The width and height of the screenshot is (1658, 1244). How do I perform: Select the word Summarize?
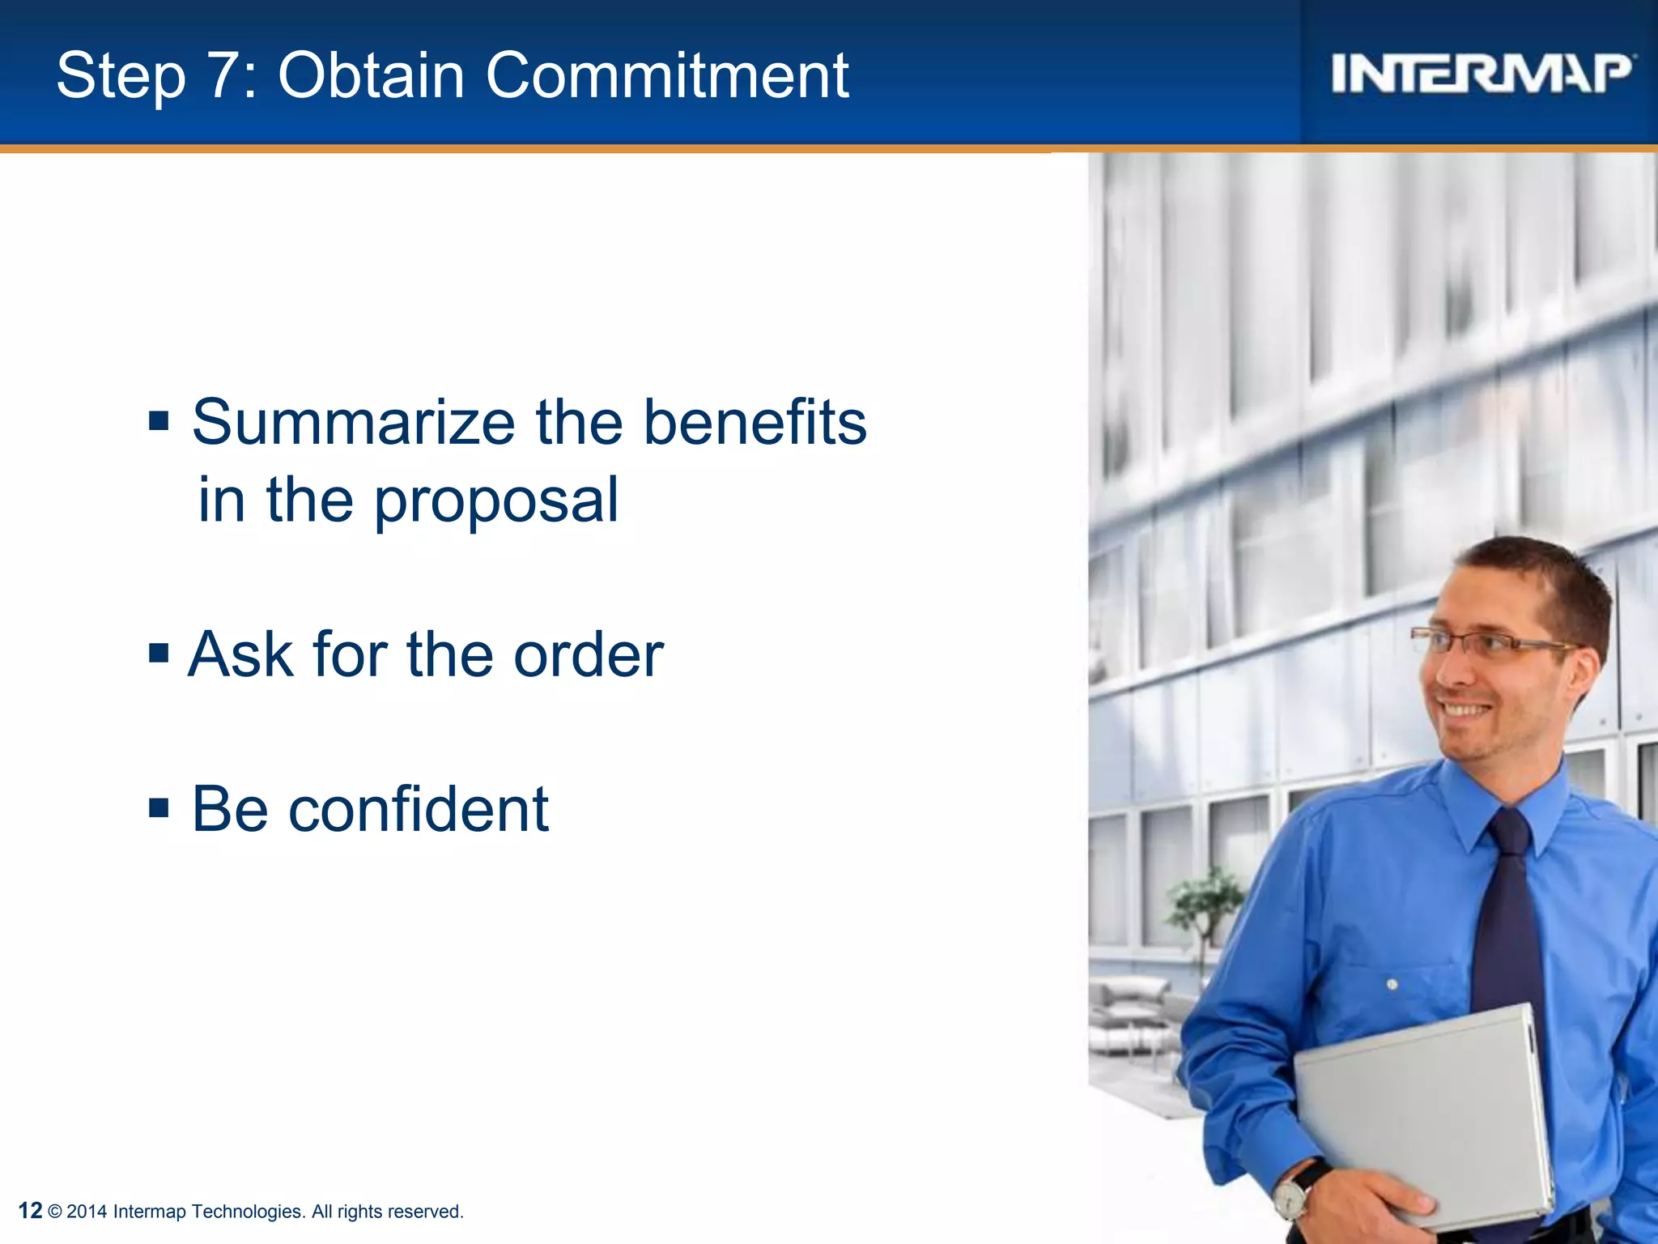(x=354, y=423)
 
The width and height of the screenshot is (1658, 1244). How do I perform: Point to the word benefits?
(x=755, y=423)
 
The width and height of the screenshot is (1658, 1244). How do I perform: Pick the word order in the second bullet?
(x=589, y=654)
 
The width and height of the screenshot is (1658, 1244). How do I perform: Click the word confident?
(x=419, y=809)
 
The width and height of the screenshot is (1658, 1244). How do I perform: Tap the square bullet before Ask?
(x=159, y=653)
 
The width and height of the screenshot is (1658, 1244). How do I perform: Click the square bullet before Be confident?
(x=159, y=807)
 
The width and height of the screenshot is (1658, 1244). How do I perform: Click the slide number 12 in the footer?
(x=30, y=1211)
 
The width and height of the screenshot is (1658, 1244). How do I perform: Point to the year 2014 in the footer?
(x=87, y=1212)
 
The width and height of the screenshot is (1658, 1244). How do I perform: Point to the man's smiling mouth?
(x=1467, y=710)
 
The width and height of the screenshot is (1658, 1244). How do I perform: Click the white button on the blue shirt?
(x=1392, y=985)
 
